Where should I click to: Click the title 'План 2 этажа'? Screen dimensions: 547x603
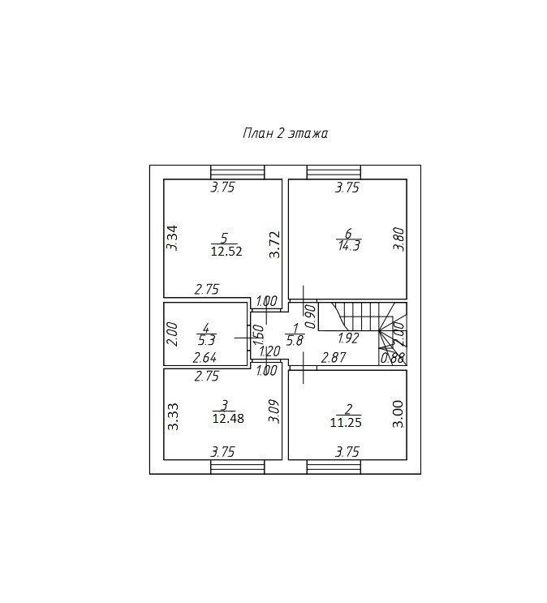285,133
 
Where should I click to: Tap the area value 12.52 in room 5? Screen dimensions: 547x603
226,252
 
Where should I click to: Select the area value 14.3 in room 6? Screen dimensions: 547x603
348,246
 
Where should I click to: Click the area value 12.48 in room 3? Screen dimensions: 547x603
228,419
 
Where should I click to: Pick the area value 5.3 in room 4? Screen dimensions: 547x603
205,341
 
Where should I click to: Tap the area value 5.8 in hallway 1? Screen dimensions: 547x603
295,341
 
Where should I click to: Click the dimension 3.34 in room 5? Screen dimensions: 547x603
172,237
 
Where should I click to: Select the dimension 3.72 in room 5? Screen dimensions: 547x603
275,244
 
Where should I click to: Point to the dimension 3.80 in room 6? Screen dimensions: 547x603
398,239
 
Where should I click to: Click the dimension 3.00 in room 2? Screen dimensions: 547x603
398,414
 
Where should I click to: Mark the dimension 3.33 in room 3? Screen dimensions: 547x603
172,416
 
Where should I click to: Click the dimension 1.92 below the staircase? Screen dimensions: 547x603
348,338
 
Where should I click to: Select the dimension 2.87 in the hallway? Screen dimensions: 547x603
333,357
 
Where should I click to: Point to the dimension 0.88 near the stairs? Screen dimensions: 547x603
392,357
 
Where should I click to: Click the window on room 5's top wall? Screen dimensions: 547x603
238,171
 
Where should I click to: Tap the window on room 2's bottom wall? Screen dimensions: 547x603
334,467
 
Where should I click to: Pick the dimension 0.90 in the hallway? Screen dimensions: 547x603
309,312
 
